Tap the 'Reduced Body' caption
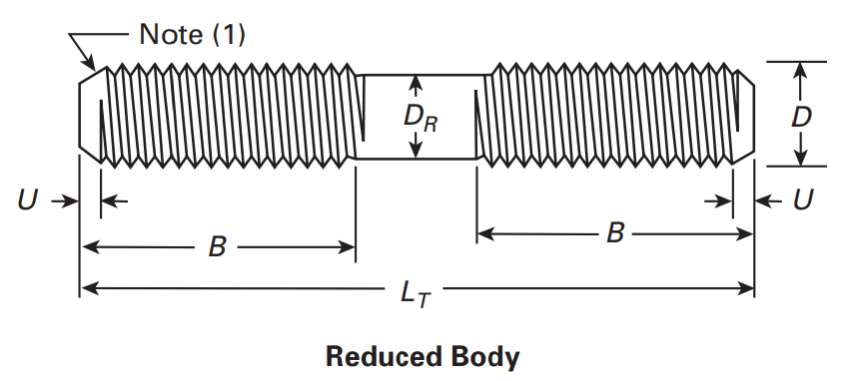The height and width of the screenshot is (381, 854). pyautogui.click(x=423, y=356)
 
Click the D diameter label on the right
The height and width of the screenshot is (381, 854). pyautogui.click(x=800, y=116)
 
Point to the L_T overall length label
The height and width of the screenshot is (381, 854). pyautogui.click(x=417, y=292)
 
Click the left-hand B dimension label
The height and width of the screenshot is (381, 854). pyautogui.click(x=216, y=246)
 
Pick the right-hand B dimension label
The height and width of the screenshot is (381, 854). pyautogui.click(x=615, y=233)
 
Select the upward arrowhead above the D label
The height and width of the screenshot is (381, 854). pyautogui.click(x=799, y=70)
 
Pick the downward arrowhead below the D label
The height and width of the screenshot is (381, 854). pyautogui.click(x=799, y=159)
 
